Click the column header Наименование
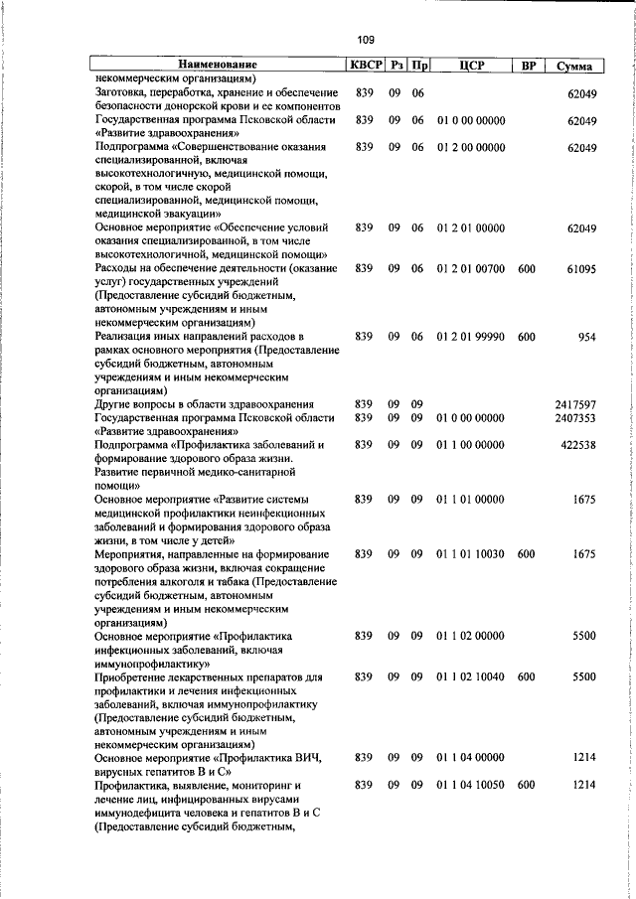tap(216, 66)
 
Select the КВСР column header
tap(365, 66)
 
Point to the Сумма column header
tap(575, 66)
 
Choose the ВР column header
tap(529, 66)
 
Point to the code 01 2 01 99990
tap(472, 337)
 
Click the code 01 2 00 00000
tap(472, 148)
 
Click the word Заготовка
tap(124, 92)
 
